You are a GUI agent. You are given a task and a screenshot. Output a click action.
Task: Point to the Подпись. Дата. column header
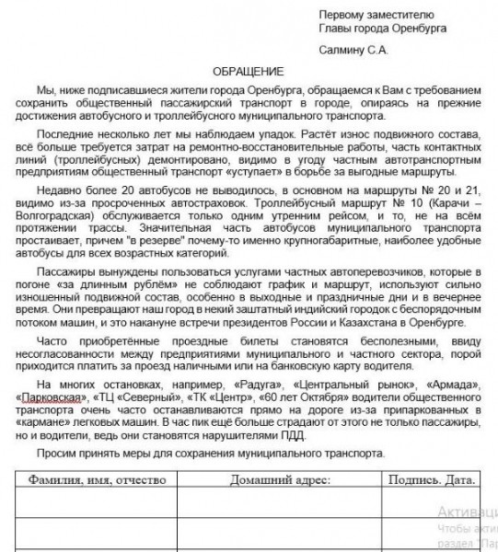[x=432, y=479]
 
